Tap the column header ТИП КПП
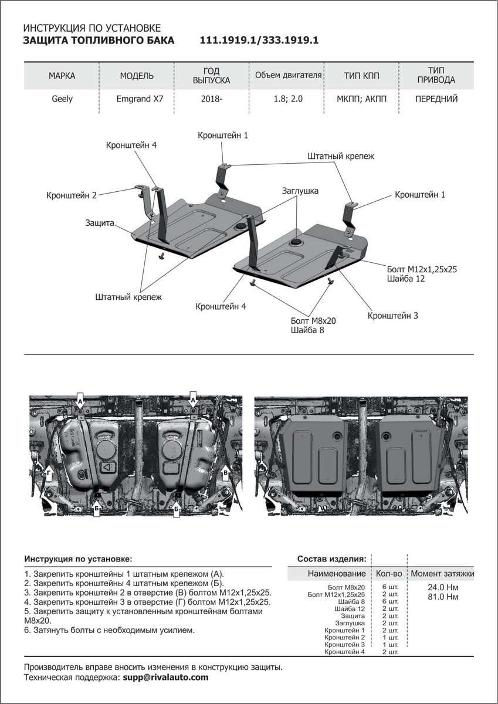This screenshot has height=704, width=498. click(x=361, y=76)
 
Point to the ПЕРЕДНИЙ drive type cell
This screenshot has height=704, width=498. click(x=436, y=99)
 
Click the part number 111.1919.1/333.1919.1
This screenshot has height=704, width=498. click(x=259, y=41)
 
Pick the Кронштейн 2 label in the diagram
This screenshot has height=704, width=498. click(x=71, y=195)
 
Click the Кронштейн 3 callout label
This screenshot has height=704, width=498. click(x=392, y=316)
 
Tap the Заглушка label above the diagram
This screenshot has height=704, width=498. click(x=300, y=191)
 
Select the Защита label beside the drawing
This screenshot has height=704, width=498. click(x=99, y=223)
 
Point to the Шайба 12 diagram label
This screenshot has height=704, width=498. click(x=405, y=279)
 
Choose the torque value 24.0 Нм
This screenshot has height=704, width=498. click(x=443, y=587)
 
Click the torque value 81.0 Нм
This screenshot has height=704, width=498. click(x=443, y=597)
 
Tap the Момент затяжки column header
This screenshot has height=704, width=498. click(x=442, y=573)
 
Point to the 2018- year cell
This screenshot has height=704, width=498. click(x=211, y=99)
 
